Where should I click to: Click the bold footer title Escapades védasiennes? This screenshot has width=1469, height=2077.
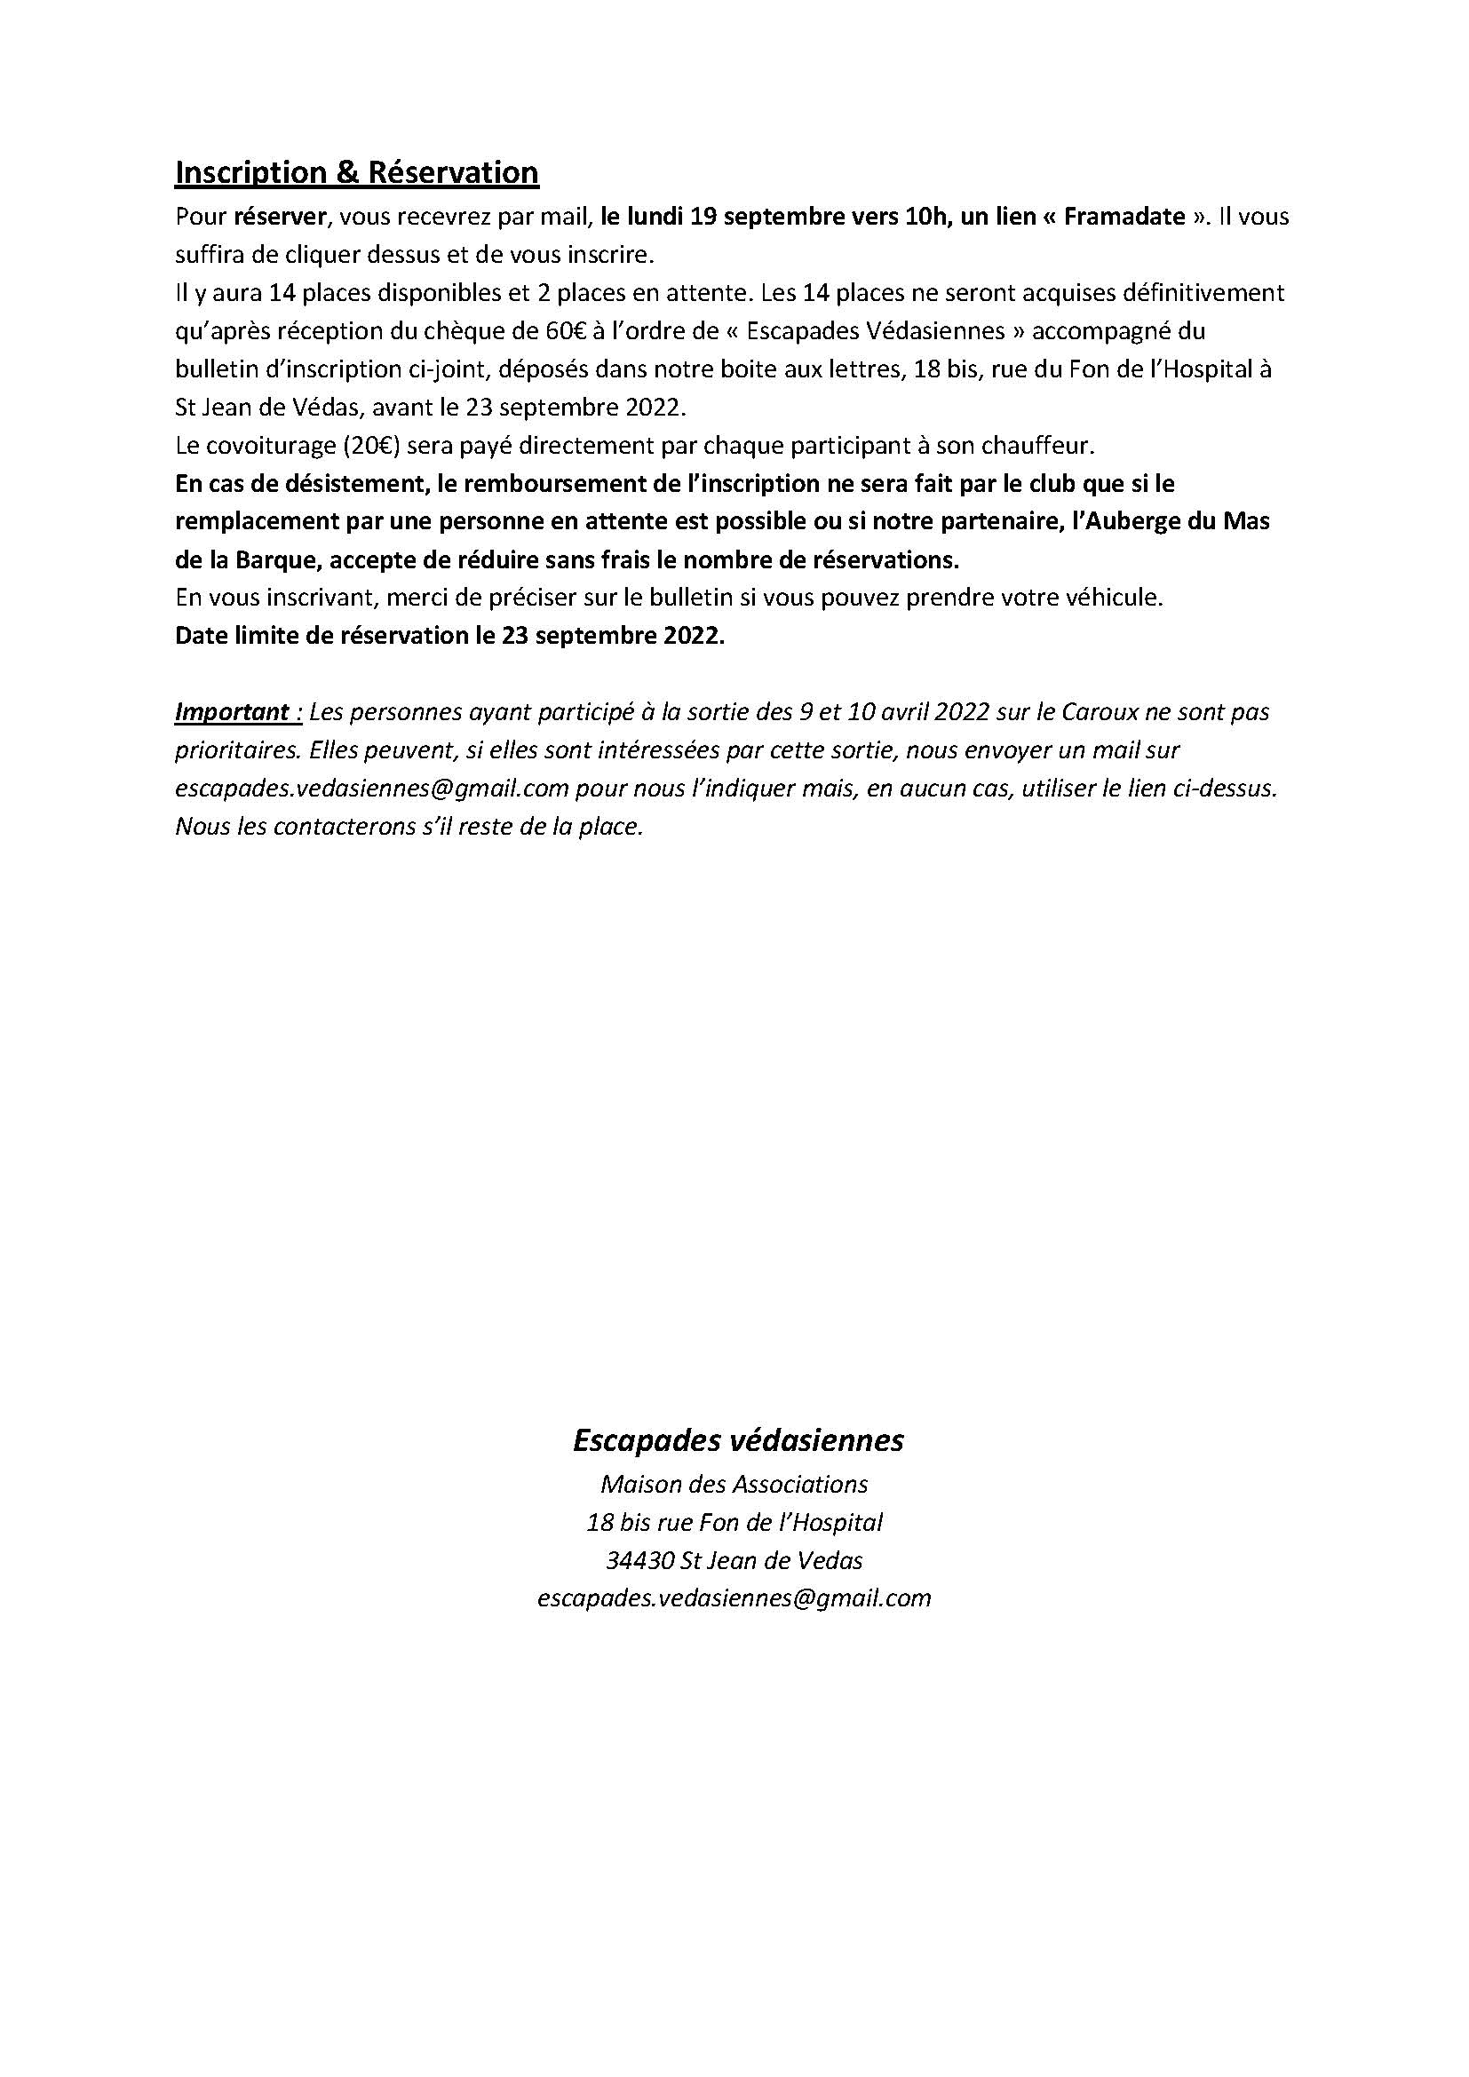738,1440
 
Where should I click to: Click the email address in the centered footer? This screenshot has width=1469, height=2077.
734,1598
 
